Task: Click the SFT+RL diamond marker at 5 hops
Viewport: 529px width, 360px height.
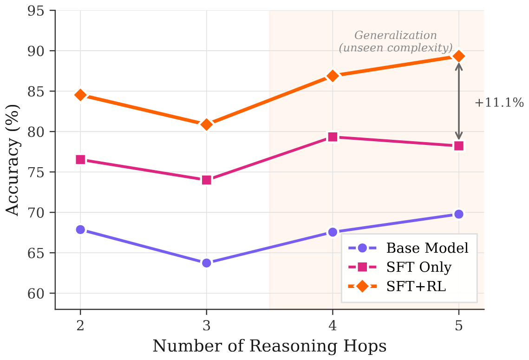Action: coord(459,56)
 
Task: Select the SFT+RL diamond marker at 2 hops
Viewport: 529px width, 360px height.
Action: coord(80,95)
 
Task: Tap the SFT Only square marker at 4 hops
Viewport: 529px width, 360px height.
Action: coord(333,137)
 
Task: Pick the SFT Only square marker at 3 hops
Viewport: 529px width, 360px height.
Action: coord(207,180)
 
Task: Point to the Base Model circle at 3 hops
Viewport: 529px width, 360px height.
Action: coord(207,263)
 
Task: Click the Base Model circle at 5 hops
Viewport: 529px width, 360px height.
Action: coord(459,214)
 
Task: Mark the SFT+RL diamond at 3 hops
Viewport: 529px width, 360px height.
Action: coord(207,124)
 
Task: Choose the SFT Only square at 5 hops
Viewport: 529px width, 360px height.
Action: coord(459,145)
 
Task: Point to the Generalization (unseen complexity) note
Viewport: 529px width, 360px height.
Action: coord(395,41)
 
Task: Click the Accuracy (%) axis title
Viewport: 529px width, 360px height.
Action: coord(13,160)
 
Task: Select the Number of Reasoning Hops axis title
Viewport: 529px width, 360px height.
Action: coord(269,346)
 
